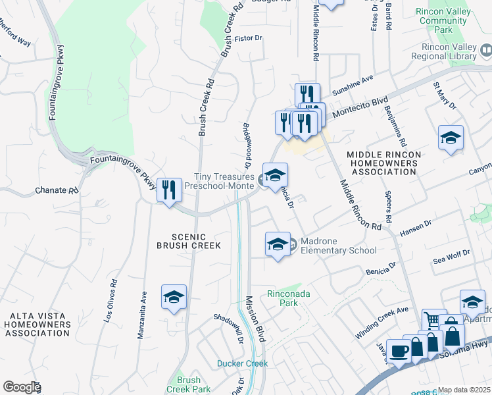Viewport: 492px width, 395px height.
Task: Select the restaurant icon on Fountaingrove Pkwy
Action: click(x=169, y=190)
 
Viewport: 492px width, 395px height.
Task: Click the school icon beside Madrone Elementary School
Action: click(x=278, y=244)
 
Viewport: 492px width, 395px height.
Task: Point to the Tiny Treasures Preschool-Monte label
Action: click(x=224, y=182)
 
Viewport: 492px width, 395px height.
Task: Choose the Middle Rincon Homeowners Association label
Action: click(x=383, y=163)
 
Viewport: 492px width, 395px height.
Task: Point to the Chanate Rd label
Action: click(x=55, y=191)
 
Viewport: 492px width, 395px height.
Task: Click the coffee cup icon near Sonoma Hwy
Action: click(x=399, y=351)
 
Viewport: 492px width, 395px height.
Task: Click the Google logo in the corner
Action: click(x=21, y=387)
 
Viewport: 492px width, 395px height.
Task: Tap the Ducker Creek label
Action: click(x=242, y=363)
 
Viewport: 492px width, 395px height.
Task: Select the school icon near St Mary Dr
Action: click(x=451, y=138)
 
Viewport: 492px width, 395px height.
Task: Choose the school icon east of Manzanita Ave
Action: click(x=174, y=298)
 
